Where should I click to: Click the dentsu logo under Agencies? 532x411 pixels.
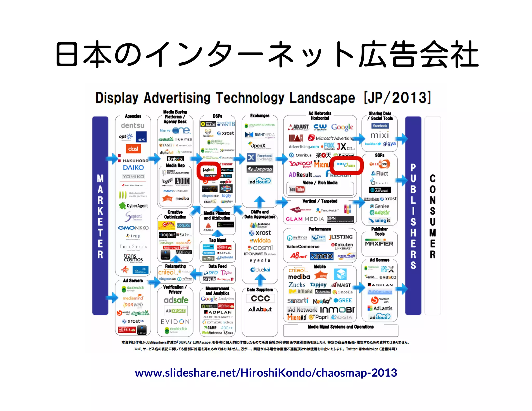[x=132, y=126]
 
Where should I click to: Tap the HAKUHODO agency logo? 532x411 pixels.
[x=135, y=161]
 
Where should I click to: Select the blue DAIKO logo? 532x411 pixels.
[x=133, y=168]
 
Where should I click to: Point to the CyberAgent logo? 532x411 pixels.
[x=134, y=206]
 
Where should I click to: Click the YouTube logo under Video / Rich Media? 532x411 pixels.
[x=297, y=189]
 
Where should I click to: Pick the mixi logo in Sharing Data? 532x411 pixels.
[x=380, y=135]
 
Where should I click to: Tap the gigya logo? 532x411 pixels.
[x=389, y=144]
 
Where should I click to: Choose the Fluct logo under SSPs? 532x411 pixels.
[x=380, y=173]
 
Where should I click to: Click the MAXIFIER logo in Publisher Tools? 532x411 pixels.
[x=379, y=244]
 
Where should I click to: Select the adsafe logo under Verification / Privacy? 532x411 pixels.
[x=176, y=300]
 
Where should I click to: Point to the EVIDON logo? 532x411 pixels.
[x=176, y=322]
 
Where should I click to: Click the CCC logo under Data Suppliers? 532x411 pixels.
[x=260, y=299]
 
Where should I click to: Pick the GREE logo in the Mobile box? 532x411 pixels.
[x=343, y=300]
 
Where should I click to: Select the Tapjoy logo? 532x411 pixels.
[x=318, y=285]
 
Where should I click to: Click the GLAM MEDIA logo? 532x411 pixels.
[x=305, y=219]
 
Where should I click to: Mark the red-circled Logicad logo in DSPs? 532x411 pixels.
[x=209, y=170]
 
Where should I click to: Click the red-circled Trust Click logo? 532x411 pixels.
[x=346, y=165]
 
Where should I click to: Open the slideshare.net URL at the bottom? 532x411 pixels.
[x=266, y=373]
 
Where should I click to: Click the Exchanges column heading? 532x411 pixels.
[x=260, y=116]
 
